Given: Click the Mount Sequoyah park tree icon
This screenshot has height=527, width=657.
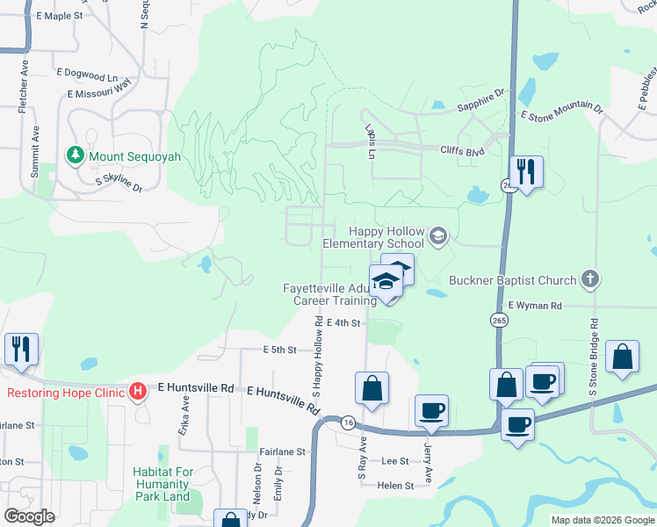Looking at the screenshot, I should coord(76,155).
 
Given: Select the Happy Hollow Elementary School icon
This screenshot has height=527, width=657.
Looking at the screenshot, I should coord(438,235).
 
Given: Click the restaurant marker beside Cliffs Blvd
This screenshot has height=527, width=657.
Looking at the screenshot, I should coord(525,171).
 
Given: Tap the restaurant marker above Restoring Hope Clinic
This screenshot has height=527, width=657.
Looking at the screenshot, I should coord(20,349).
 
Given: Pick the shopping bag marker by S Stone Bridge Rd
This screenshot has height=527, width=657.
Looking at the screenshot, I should coord(622,357).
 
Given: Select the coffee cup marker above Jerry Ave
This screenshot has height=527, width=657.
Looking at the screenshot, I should coord(431,411).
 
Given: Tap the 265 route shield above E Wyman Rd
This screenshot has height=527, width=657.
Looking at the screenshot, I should coord(498,319).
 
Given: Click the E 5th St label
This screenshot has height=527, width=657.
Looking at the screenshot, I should coord(280,349).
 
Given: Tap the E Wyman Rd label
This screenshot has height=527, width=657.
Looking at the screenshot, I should coord(531,306).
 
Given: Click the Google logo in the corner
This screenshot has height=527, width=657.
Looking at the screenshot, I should coord(30,516).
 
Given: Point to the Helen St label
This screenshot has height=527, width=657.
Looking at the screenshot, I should coord(395,485).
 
